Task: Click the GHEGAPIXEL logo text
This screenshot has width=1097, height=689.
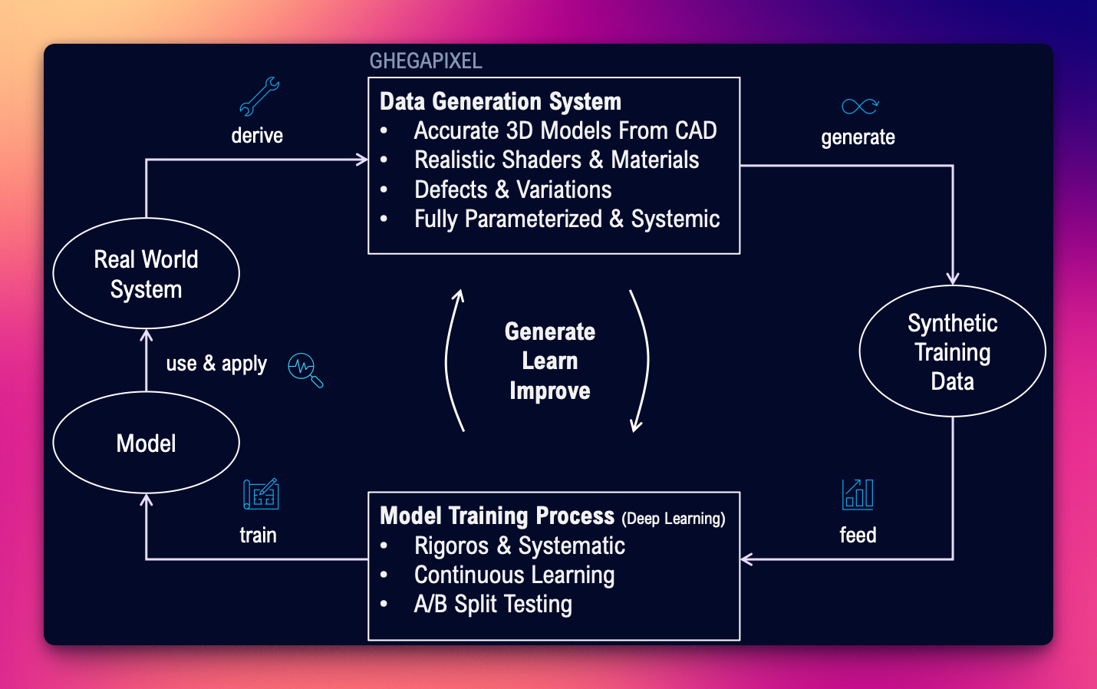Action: coord(426,61)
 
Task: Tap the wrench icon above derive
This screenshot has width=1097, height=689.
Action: coord(259,97)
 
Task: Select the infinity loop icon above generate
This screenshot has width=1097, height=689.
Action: coord(859,107)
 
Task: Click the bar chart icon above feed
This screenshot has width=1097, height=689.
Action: coord(858,495)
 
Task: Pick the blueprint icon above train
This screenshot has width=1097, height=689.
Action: coord(261,495)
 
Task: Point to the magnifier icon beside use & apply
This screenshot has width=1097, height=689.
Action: coord(305,370)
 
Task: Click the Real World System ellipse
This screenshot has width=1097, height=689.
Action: coord(147,274)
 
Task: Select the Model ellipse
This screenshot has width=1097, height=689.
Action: coord(147,443)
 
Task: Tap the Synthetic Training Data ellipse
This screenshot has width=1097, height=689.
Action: coord(952,352)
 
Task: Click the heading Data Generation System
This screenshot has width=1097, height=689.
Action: coord(500,102)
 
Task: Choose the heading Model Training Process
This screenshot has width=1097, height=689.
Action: coord(497,516)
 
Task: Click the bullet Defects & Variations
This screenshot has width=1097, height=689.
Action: coord(512,190)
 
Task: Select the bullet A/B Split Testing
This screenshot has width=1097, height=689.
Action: coord(492,605)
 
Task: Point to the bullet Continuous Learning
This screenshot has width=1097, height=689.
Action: coord(514,575)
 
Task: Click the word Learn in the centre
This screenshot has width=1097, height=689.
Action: coord(550,361)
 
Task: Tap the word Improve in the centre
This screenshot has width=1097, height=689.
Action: coord(550,391)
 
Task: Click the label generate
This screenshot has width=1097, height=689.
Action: coord(858,138)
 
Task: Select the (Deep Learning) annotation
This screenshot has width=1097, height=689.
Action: coord(674,519)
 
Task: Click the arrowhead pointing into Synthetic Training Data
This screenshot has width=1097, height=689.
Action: coord(953,279)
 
